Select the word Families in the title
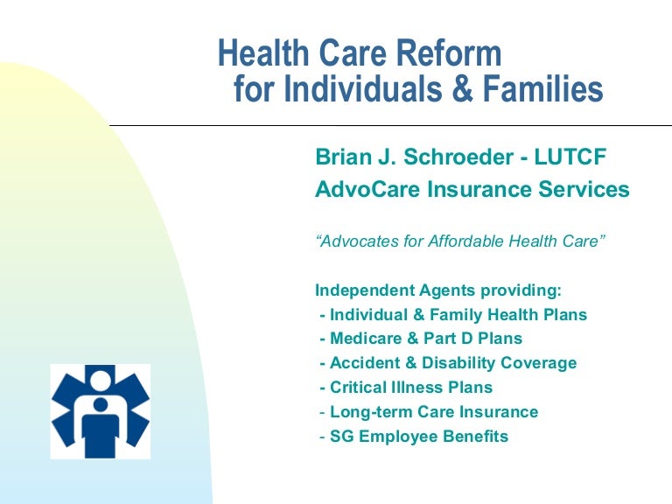tap(543, 88)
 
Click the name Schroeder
tap(458, 157)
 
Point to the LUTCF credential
tap(570, 157)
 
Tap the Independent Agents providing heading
tap(438, 290)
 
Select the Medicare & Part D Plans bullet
tap(421, 338)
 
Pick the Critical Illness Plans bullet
tap(406, 387)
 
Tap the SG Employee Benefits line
tap(414, 437)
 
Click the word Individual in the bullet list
tap(368, 315)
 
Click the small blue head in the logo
tap(101, 404)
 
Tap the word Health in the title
tap(263, 52)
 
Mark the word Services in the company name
tap(584, 189)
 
